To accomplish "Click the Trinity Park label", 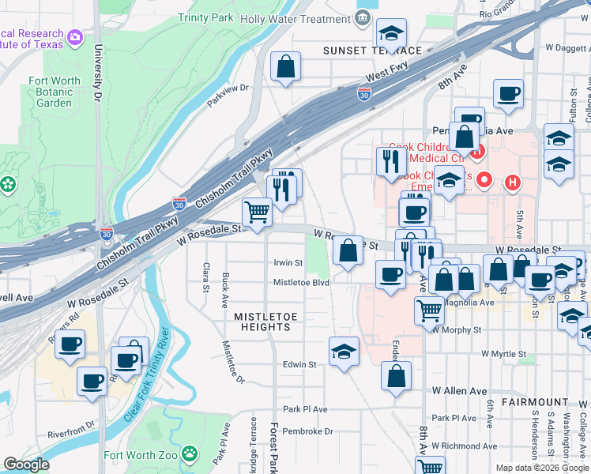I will point(206,17).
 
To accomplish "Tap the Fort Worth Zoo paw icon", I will point(189,453).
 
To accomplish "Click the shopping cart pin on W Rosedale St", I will point(257,212).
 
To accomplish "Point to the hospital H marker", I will point(512,182).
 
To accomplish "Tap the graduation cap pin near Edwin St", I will point(344,352).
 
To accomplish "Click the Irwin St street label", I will point(288,262).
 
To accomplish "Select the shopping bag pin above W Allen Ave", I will point(396,377).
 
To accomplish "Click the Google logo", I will point(26,465).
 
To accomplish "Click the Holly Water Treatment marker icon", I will point(363,18).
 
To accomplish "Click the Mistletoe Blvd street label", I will point(301,282).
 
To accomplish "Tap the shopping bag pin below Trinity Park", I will point(285,67).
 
